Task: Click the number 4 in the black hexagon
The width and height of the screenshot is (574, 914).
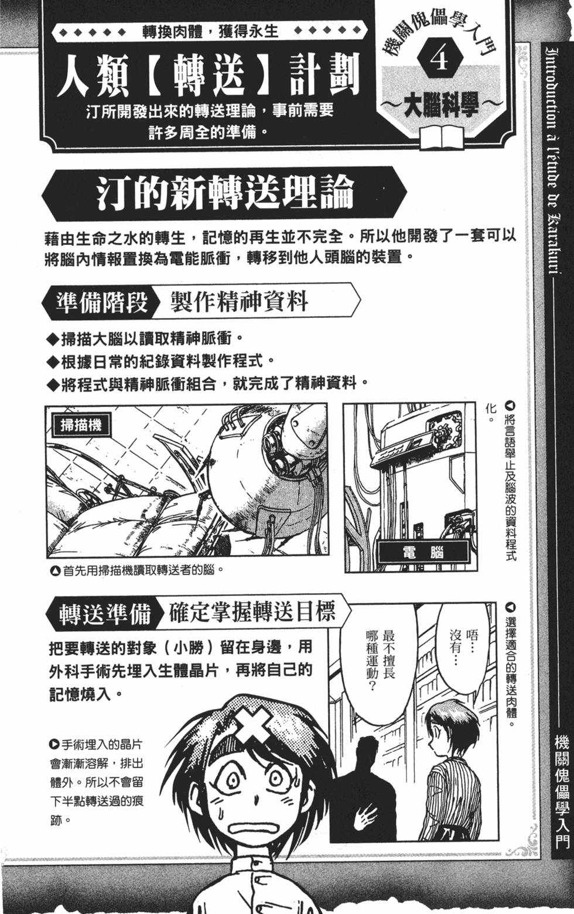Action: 440,59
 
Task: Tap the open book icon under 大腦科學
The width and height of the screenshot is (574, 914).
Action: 440,135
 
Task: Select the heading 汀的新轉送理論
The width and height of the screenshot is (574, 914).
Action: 225,193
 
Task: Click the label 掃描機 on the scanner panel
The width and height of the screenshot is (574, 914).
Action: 80,424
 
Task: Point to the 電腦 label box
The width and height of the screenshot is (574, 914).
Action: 423,552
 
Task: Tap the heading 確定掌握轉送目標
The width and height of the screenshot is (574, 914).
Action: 252,612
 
